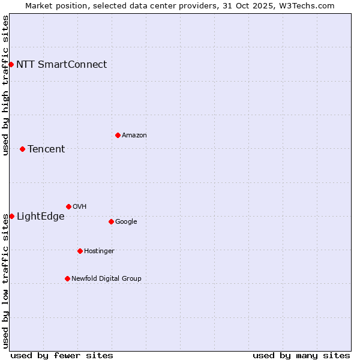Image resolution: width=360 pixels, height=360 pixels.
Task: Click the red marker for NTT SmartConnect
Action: click(11, 64)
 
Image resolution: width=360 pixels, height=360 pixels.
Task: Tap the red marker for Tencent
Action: click(22, 149)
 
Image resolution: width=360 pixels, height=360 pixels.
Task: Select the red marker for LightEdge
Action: click(11, 216)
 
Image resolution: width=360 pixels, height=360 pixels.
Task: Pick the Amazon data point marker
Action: click(118, 135)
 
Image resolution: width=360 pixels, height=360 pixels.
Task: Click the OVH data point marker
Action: click(68, 206)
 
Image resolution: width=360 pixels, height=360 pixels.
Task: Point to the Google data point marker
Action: click(111, 221)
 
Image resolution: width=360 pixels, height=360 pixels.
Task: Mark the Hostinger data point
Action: click(80, 251)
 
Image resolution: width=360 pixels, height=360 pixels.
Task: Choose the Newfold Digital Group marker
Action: click(67, 278)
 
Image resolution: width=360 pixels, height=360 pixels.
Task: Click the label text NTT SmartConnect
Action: click(61, 65)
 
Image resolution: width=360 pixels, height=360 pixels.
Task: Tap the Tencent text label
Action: click(46, 149)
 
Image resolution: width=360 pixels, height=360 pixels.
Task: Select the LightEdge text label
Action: click(40, 217)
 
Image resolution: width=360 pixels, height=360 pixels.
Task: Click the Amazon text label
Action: click(134, 136)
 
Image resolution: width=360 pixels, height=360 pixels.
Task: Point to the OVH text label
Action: click(80, 207)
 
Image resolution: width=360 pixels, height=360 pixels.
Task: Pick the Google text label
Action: click(126, 222)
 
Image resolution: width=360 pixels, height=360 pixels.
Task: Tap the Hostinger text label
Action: click(99, 251)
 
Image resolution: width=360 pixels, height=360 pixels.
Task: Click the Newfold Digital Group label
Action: click(106, 279)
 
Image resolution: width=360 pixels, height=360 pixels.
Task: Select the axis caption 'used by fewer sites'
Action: click(62, 355)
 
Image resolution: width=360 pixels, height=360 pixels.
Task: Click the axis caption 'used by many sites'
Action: click(301, 355)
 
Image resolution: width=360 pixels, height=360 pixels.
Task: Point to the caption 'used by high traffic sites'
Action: click(5, 85)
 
